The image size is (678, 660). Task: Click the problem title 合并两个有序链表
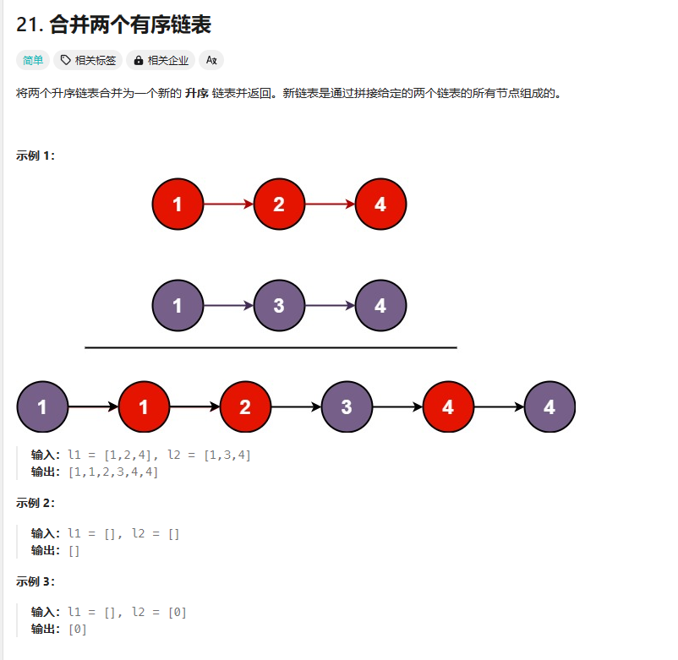click(130, 25)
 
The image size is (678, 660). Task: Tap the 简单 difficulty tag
click(33, 60)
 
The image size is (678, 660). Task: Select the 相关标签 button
click(89, 60)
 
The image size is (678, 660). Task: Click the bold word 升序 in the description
click(197, 93)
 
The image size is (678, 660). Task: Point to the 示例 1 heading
click(35, 155)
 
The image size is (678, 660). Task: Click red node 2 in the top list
click(279, 204)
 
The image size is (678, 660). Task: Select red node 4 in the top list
click(380, 204)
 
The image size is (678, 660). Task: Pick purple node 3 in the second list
click(279, 305)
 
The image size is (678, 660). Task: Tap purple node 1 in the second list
click(178, 305)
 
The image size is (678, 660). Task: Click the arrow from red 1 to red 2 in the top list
click(228, 204)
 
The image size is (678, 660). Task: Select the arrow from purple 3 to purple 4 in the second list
click(330, 305)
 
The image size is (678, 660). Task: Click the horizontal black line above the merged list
click(271, 347)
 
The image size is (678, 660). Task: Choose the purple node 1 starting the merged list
click(41, 406)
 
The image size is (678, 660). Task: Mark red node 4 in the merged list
click(448, 406)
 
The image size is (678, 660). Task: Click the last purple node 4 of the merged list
click(550, 406)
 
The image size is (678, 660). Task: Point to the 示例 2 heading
click(35, 503)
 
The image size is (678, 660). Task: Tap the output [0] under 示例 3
click(77, 629)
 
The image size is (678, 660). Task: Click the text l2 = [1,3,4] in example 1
click(209, 455)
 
